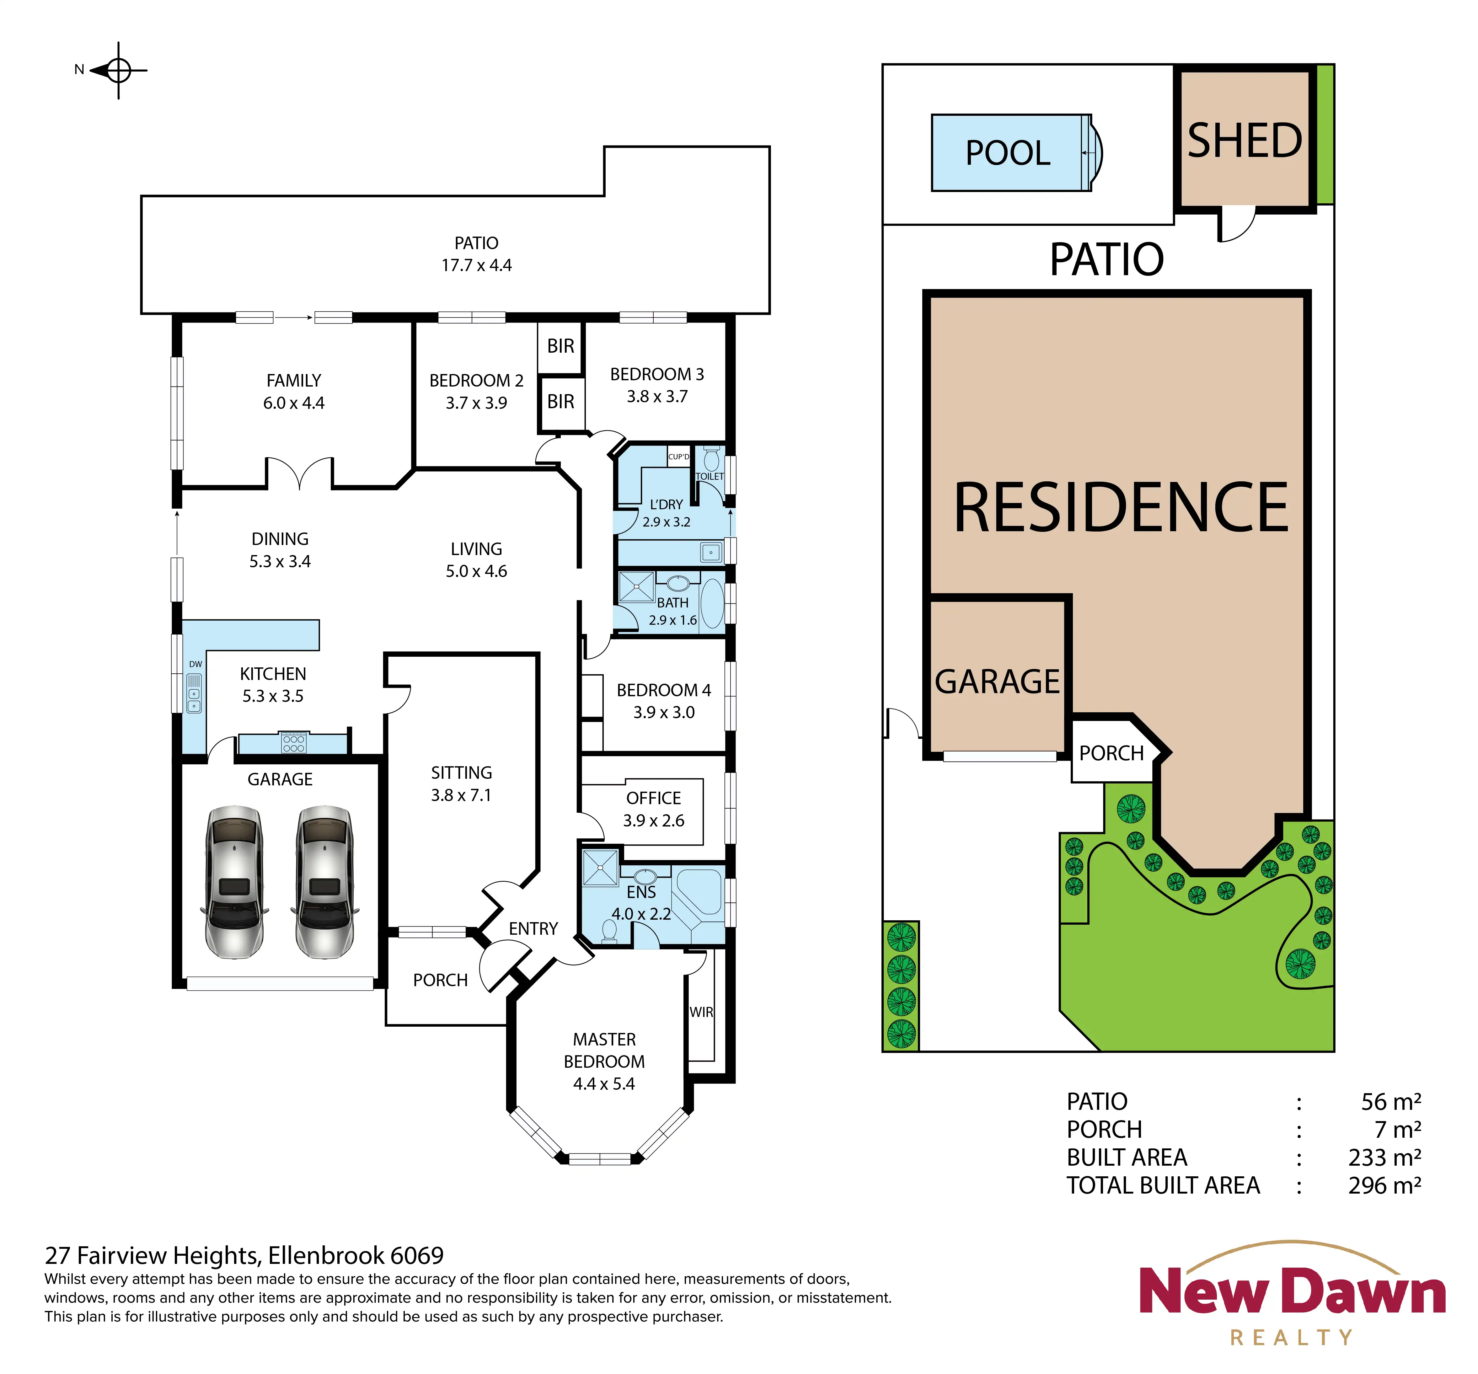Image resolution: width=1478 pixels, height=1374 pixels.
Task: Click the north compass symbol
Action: [117, 71]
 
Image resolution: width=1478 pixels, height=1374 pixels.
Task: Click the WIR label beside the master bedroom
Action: [701, 1012]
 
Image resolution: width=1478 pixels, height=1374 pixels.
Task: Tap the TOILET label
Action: [709, 477]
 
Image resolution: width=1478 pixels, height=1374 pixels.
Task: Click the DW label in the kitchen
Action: [195, 664]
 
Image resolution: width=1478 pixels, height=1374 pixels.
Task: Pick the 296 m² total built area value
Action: [1384, 1185]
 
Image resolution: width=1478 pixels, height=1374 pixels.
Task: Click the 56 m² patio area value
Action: [1391, 1101]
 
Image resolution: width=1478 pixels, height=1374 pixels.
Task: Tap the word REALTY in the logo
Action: [1291, 1338]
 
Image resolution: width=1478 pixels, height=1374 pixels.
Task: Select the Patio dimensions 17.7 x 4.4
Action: [477, 265]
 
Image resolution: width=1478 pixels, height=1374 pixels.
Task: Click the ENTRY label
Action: [533, 929]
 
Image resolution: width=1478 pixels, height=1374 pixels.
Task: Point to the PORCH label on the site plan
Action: [1111, 753]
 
